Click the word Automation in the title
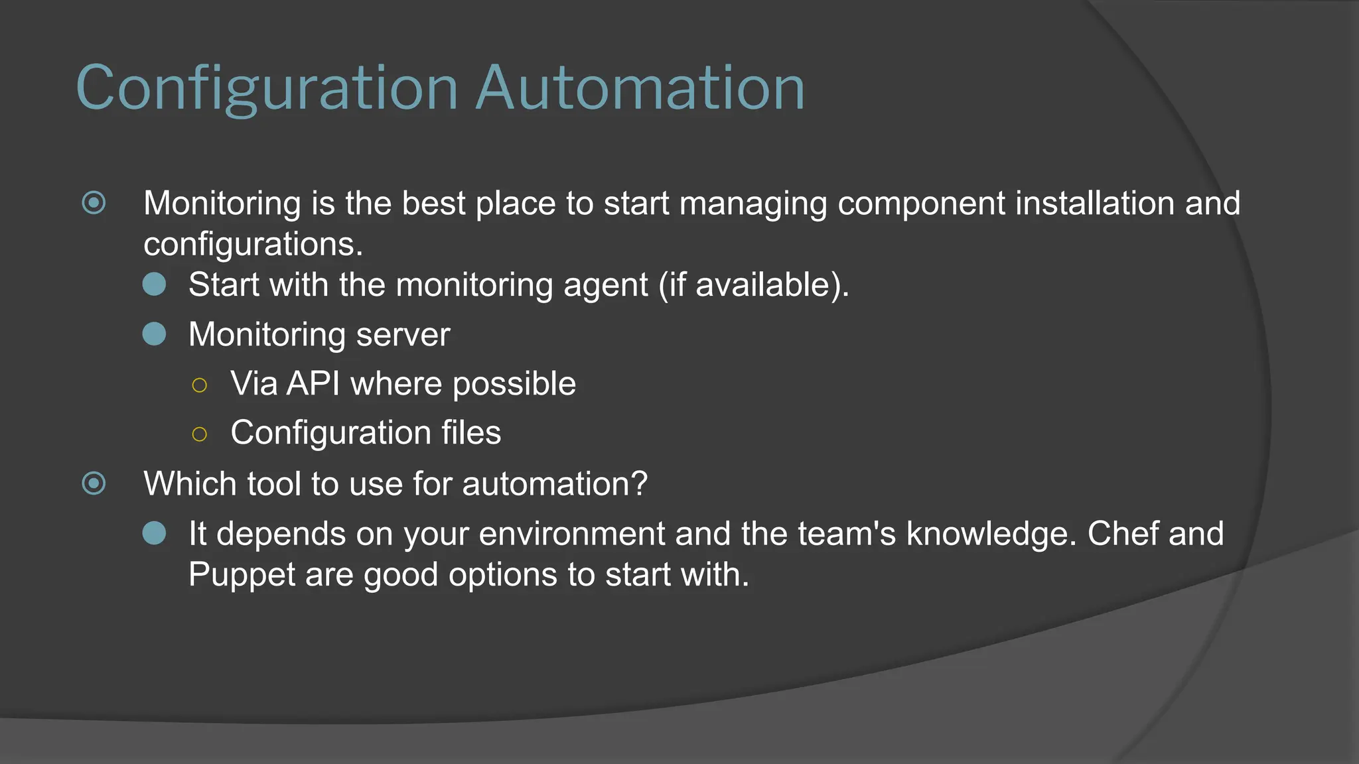(x=640, y=88)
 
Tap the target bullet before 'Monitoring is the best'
(x=94, y=203)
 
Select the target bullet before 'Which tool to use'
(x=94, y=483)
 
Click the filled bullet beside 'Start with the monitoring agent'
(x=155, y=285)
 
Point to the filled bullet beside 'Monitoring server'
(x=155, y=334)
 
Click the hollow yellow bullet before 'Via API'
(x=199, y=385)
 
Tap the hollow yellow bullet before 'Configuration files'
(x=199, y=434)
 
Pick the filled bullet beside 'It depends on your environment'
(x=155, y=533)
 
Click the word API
(x=313, y=383)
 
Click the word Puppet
(x=242, y=574)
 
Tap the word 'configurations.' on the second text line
(x=253, y=244)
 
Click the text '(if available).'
(x=754, y=285)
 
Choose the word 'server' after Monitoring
(x=403, y=334)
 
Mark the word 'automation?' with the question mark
(x=555, y=483)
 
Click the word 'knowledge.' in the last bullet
(x=991, y=533)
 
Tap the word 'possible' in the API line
(x=514, y=383)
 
